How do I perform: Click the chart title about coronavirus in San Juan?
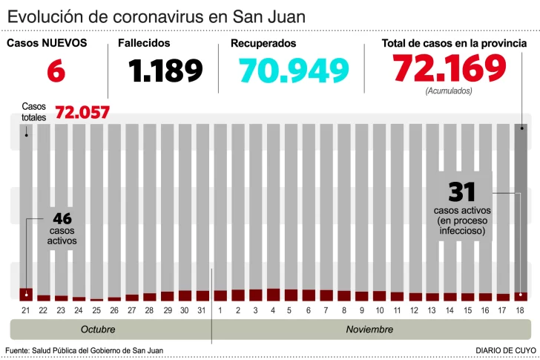click(157, 16)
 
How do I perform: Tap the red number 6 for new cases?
click(56, 71)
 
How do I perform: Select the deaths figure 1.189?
click(165, 71)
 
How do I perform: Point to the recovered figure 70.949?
click(294, 71)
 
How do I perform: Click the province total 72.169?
click(450, 69)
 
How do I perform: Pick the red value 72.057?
click(82, 113)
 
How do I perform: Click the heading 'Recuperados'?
click(263, 43)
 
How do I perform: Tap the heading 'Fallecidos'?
click(144, 43)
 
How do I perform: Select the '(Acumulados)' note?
click(449, 91)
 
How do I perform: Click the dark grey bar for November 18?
click(521, 208)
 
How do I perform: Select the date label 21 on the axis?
click(26, 309)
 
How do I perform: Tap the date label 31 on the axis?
click(202, 309)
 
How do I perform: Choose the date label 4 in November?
click(273, 309)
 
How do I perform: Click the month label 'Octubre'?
click(97, 329)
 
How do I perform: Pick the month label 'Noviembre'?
click(369, 329)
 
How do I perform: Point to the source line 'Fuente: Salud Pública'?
click(84, 350)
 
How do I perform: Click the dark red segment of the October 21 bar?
click(26, 294)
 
